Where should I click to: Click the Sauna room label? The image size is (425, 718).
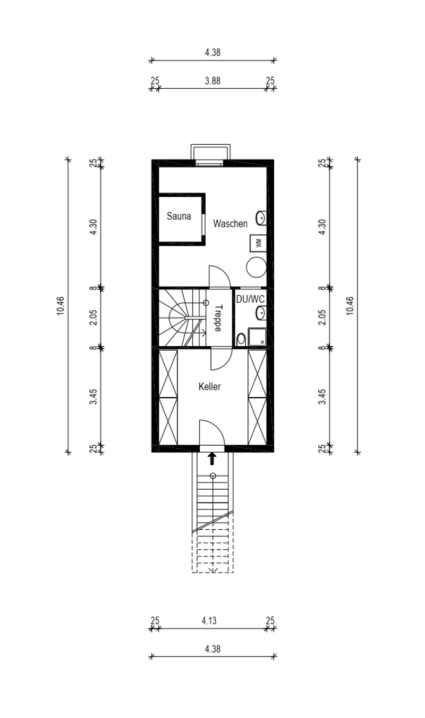pyautogui.click(x=178, y=216)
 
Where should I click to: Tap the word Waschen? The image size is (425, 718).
pyautogui.click(x=230, y=223)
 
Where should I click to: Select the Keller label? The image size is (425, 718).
pyautogui.click(x=210, y=387)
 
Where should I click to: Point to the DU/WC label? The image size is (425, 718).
pyautogui.click(x=250, y=299)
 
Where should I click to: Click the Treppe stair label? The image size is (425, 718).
pyautogui.click(x=218, y=318)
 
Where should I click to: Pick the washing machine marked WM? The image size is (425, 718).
pyautogui.click(x=258, y=243)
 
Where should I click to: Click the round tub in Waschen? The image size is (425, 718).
pyautogui.click(x=256, y=267)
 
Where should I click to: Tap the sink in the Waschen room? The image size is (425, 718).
pyautogui.click(x=261, y=218)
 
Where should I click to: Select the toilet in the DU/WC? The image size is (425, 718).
pyautogui.click(x=241, y=340)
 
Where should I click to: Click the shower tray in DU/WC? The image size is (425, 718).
pyautogui.click(x=258, y=337)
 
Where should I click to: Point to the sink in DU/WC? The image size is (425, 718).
pyautogui.click(x=261, y=313)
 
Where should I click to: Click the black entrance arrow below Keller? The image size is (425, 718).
pyautogui.click(x=212, y=458)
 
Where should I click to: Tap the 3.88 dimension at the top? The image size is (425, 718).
pyautogui.click(x=212, y=81)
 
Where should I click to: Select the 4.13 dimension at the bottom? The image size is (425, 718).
pyautogui.click(x=209, y=621)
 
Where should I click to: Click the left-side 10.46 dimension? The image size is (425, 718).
pyautogui.click(x=61, y=306)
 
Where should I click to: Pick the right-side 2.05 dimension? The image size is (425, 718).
pyautogui.click(x=322, y=318)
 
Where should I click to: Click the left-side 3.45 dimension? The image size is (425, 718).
pyautogui.click(x=93, y=397)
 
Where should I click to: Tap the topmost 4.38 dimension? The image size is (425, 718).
pyautogui.click(x=212, y=53)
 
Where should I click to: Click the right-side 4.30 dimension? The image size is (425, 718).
pyautogui.click(x=322, y=227)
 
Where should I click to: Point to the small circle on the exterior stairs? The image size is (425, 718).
pyautogui.click(x=212, y=476)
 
